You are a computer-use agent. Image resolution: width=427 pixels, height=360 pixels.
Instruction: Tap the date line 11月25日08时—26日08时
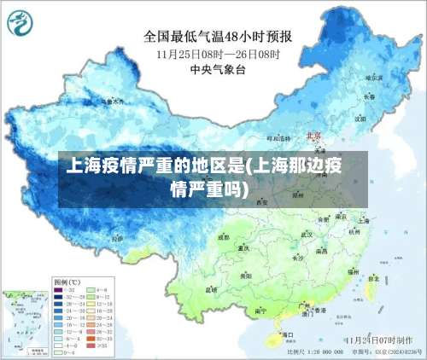coord(217,54)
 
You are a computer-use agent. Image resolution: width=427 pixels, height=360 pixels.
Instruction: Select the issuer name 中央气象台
coord(217,70)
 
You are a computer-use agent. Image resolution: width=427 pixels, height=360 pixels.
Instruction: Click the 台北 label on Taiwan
coord(377,276)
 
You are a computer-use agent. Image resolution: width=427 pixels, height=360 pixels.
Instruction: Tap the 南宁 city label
coord(261,310)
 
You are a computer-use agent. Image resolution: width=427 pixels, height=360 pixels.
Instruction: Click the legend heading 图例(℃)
coord(67,281)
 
